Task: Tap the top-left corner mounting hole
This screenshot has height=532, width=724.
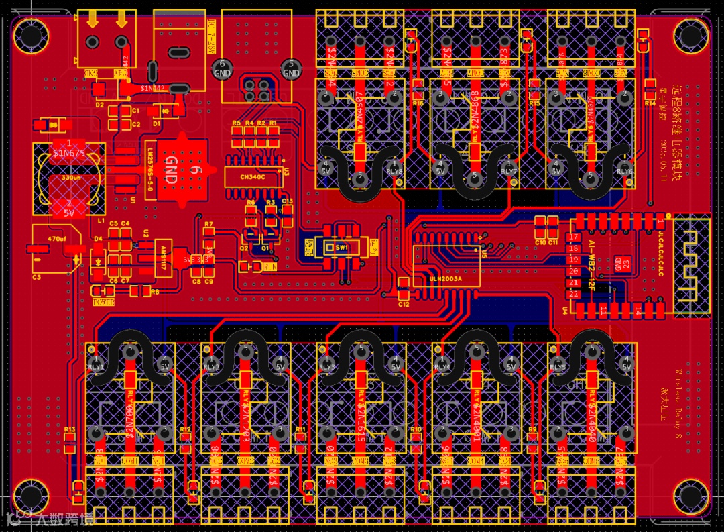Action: [29, 31]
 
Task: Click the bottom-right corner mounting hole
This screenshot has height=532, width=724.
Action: [691, 497]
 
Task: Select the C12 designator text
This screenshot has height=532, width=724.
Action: [403, 304]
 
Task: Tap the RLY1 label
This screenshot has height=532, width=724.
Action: [96, 367]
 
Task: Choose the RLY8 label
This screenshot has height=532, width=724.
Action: [395, 171]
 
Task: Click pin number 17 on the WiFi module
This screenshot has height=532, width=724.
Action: [573, 237]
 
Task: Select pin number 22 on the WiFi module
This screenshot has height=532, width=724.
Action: [573, 294]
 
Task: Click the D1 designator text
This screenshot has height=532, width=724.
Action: [156, 123]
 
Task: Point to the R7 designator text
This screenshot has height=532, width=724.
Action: [209, 224]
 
